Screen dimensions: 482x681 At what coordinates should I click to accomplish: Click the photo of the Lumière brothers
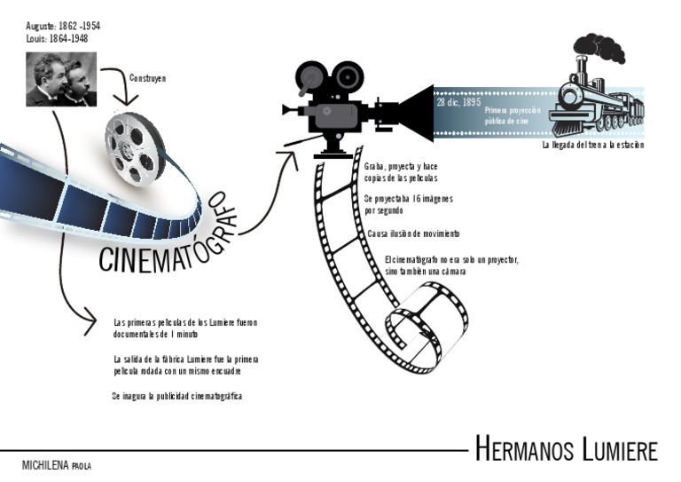coord(61,79)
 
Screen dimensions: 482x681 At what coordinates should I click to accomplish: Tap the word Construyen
coord(148,78)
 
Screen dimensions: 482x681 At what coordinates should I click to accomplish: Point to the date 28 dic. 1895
coord(458,102)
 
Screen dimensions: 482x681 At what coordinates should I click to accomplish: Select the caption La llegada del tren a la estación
coord(592,144)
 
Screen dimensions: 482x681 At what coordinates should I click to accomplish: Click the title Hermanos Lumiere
coord(566,449)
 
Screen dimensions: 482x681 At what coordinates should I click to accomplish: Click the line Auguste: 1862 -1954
coord(63,26)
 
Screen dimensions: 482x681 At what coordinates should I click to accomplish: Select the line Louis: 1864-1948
coord(57,38)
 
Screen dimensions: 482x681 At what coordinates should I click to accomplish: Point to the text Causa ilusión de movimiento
coord(413,234)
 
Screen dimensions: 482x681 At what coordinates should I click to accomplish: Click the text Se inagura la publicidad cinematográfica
coord(177,396)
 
